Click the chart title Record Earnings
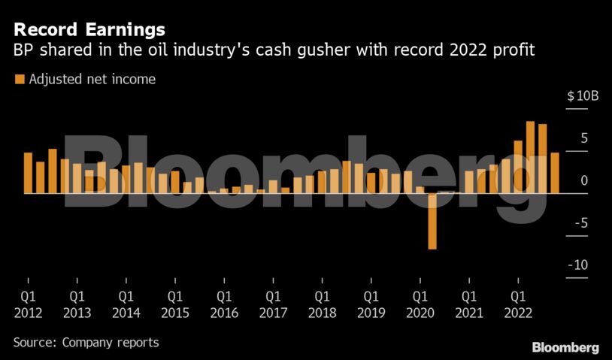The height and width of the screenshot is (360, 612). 89,30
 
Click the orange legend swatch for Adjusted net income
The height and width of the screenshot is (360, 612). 20,79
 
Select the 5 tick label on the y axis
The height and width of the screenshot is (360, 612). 583,138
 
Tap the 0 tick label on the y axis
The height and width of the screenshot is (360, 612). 584,180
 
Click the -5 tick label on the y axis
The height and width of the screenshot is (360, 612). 581,223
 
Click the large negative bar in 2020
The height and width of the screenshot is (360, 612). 432,220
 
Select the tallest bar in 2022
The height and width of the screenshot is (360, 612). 530,157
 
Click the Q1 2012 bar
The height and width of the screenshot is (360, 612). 28,173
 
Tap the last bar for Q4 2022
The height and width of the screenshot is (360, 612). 555,173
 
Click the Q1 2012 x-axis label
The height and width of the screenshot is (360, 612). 28,305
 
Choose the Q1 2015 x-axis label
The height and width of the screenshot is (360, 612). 174,305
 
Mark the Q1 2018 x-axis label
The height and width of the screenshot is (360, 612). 322,305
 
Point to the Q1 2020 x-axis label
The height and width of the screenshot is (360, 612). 420,305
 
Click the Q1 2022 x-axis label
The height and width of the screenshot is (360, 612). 517,305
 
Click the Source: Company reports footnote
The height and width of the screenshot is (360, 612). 86,342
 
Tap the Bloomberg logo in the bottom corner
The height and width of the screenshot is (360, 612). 565,347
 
